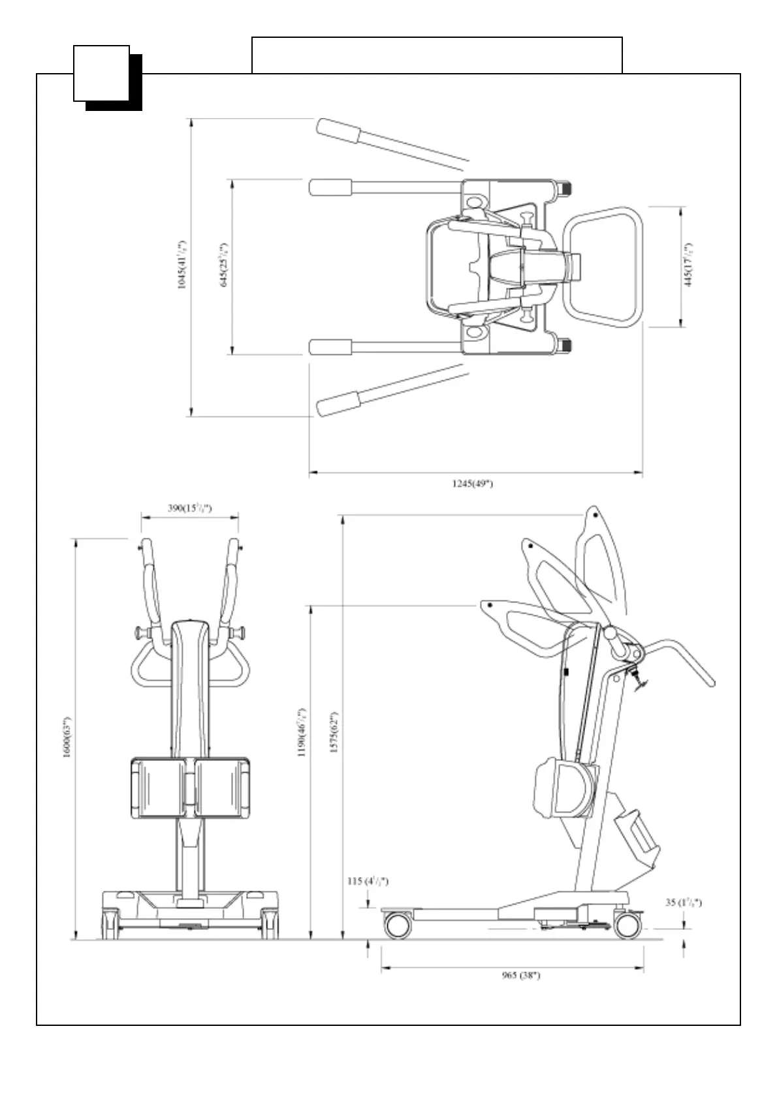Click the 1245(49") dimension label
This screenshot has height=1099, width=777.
pos(472,484)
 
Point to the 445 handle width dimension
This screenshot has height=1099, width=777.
pos(688,266)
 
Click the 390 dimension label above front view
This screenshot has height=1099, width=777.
pos(189,508)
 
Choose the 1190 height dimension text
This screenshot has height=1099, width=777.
pos(302,732)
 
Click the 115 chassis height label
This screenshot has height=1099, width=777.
pos(368,881)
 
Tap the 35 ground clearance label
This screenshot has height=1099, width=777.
pos(683,903)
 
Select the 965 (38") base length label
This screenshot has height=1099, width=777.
pos(520,976)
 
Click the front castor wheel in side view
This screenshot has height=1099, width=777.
pos(397,925)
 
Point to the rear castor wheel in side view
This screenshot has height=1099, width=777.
pos(627,925)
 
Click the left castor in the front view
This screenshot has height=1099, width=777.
pos(110,925)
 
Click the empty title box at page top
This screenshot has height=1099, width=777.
pos(436,55)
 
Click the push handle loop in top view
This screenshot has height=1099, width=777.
pos(603,267)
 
